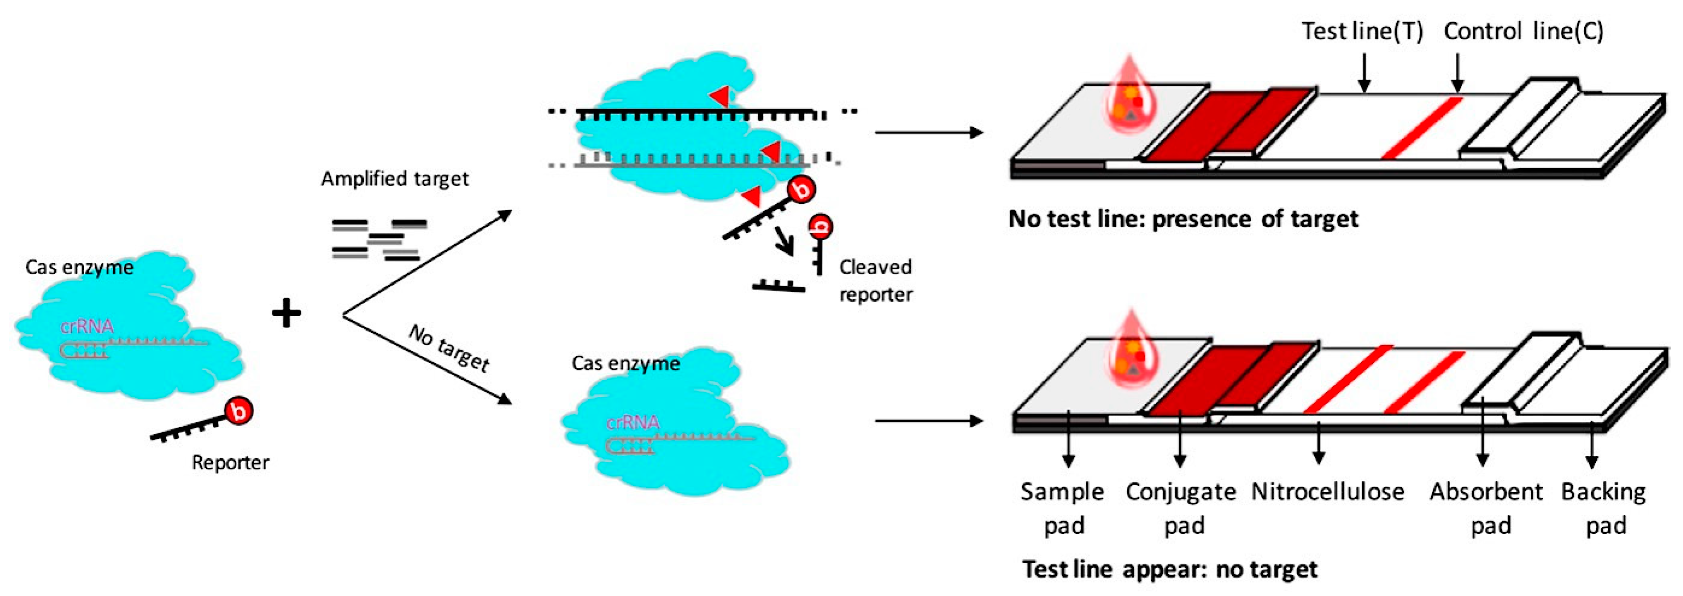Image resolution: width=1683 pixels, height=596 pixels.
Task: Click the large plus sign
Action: [x=286, y=313]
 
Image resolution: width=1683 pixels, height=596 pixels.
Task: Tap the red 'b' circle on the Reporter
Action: [x=239, y=411]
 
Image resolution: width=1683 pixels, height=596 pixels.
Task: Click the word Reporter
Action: [x=230, y=463]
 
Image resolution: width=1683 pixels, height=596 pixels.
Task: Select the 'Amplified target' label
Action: [x=395, y=179]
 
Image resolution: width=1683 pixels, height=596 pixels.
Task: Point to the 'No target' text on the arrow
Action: [x=450, y=349]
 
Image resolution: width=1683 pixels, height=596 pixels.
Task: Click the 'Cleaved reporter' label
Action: [x=875, y=280]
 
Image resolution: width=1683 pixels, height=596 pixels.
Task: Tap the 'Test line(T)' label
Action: [x=1362, y=31]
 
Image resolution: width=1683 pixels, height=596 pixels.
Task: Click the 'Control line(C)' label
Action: [x=1523, y=31]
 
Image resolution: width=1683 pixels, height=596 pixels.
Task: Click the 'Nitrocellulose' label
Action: [x=1327, y=492]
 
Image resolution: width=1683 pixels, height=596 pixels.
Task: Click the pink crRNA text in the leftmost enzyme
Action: [x=87, y=326]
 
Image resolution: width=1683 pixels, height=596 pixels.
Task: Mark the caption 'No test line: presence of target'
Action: [x=1183, y=219]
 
